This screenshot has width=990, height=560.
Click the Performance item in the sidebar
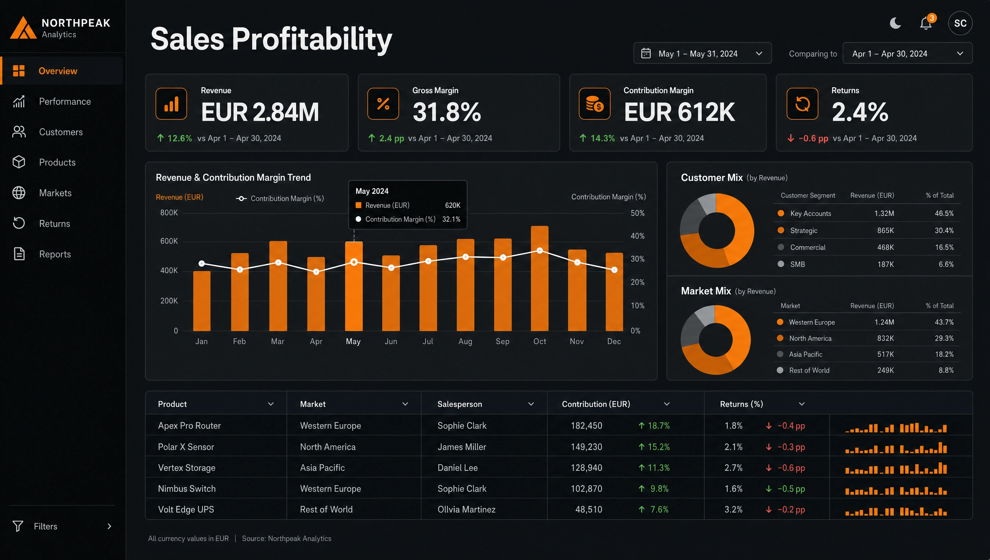coord(64,102)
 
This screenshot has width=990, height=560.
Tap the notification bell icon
coord(926,24)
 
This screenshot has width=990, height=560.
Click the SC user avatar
coord(960,23)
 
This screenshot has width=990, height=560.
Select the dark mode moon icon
coord(895,23)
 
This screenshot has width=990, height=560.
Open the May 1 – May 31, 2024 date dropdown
coord(702,53)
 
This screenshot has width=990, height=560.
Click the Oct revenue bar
coord(540,279)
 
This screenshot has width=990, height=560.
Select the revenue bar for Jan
coord(201,301)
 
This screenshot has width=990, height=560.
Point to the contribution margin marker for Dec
coord(614,270)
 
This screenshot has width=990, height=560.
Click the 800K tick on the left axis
coord(169,213)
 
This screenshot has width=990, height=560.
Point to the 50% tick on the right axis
coord(638,213)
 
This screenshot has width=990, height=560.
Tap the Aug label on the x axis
coord(465,342)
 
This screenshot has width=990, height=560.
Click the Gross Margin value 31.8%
coord(447,112)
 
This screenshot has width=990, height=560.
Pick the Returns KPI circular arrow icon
coord(803,104)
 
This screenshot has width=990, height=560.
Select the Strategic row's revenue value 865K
coord(885,230)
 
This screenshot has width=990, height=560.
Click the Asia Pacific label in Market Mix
coord(805,354)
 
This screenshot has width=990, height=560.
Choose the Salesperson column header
coord(459,404)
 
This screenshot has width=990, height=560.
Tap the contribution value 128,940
coord(586,468)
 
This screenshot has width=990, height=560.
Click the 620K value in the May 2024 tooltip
coord(453,205)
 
